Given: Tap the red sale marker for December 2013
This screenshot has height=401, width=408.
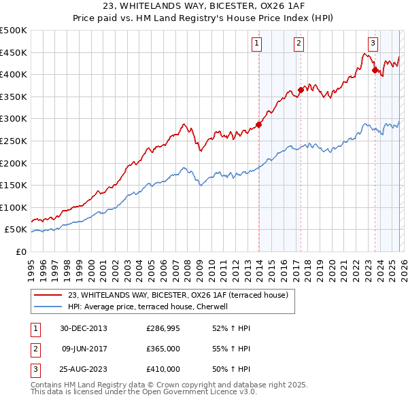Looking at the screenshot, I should [x=258, y=124].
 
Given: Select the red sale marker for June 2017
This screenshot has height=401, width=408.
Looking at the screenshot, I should [x=300, y=90].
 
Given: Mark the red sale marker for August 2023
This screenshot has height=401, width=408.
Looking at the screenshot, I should [x=375, y=69].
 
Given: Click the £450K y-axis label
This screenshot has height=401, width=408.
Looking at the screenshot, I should [x=14, y=52].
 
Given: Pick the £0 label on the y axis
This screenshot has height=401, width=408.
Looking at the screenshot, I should [x=20, y=251].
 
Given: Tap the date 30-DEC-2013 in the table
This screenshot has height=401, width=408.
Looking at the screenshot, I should [x=84, y=328].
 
